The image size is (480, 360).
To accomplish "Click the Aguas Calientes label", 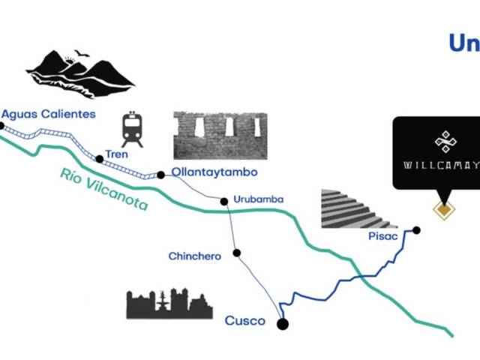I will tap(49, 114).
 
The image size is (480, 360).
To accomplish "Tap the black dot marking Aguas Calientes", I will tap(1, 126).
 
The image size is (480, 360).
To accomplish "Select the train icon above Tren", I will tap(133, 130).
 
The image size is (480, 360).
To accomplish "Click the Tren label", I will tap(116, 154).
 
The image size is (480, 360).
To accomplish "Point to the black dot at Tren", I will tap(99, 158).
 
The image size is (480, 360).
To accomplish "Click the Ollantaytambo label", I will tap(214, 172).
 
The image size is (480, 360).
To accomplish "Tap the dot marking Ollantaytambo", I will tap(160, 175).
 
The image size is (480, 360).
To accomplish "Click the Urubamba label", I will tap(257, 199).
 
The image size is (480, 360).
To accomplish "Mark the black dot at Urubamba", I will tap(223, 200).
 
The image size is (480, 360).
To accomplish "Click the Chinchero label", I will tap(194, 256).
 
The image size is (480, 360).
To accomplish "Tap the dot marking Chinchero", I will tap(236, 253).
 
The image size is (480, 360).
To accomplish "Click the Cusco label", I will tap(245, 321).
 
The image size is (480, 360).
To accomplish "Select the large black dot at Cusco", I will tap(282, 324).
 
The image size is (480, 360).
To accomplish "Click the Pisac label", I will tap(382, 235).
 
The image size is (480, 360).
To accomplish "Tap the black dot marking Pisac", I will tap(416, 229).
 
